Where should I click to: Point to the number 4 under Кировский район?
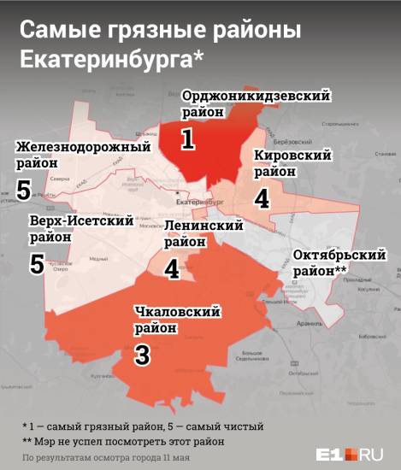click(262, 197)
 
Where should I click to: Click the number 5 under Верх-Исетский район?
click(36, 263)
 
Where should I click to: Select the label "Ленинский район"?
click(203, 233)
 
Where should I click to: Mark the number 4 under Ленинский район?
click(172, 268)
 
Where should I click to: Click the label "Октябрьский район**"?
click(330, 261)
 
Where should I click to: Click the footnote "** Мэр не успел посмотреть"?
click(124, 441)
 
